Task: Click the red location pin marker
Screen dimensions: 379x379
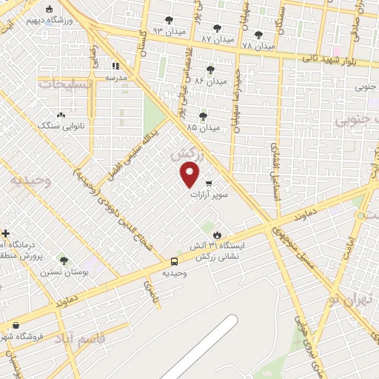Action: click(190, 175)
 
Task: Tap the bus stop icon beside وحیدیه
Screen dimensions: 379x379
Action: click(174, 261)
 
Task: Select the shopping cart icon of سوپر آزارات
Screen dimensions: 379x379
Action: click(209, 184)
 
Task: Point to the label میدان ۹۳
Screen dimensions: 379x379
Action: click(167, 30)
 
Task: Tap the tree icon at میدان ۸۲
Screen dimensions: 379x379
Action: click(218, 28)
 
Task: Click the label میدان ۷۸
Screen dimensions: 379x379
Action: click(258, 46)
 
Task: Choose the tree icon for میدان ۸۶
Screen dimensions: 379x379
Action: click(211, 70)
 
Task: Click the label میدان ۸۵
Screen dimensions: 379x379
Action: click(204, 127)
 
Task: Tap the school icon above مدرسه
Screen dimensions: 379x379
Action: click(114, 66)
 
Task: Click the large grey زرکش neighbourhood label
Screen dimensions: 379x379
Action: click(185, 156)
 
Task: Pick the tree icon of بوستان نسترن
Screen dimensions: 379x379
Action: click(64, 261)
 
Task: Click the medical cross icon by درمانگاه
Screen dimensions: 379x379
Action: click(5, 233)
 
